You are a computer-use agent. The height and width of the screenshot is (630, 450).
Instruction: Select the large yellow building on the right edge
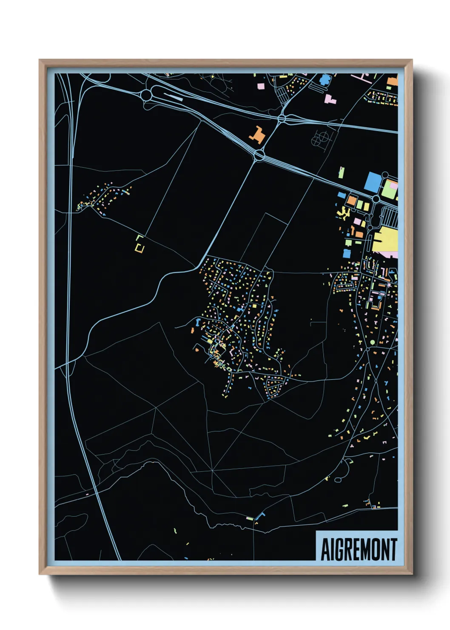385,240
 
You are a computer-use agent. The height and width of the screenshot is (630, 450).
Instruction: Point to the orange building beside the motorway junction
257,135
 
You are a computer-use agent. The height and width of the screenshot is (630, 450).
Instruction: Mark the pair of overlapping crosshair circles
321,138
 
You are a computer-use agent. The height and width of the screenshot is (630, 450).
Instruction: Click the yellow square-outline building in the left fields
140,248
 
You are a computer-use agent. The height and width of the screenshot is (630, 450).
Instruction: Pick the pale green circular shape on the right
373,342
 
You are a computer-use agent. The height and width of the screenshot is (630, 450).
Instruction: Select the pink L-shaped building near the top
330,100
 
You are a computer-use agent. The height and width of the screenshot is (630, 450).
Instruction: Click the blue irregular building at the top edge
325,80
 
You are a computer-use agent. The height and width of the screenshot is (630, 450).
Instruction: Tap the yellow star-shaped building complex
343,212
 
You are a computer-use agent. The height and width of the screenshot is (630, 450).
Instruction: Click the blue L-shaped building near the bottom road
259,516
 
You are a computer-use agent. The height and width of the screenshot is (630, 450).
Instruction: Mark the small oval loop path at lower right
338,480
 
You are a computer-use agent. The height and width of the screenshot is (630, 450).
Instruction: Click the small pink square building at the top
261,86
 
